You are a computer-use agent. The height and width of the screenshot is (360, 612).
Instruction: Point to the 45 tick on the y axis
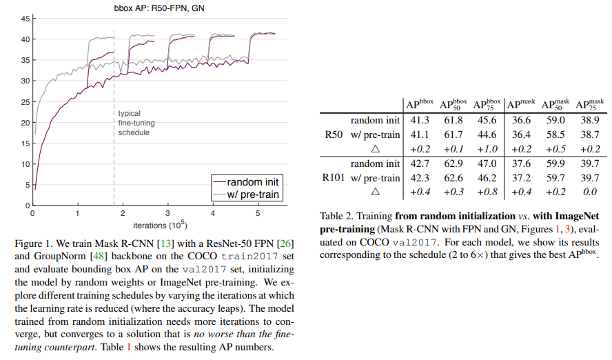25,19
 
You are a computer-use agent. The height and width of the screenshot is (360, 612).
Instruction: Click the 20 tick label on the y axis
25,123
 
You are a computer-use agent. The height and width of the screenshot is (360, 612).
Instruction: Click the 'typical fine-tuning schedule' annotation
134,123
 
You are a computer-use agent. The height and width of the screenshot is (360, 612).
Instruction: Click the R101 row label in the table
334,177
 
